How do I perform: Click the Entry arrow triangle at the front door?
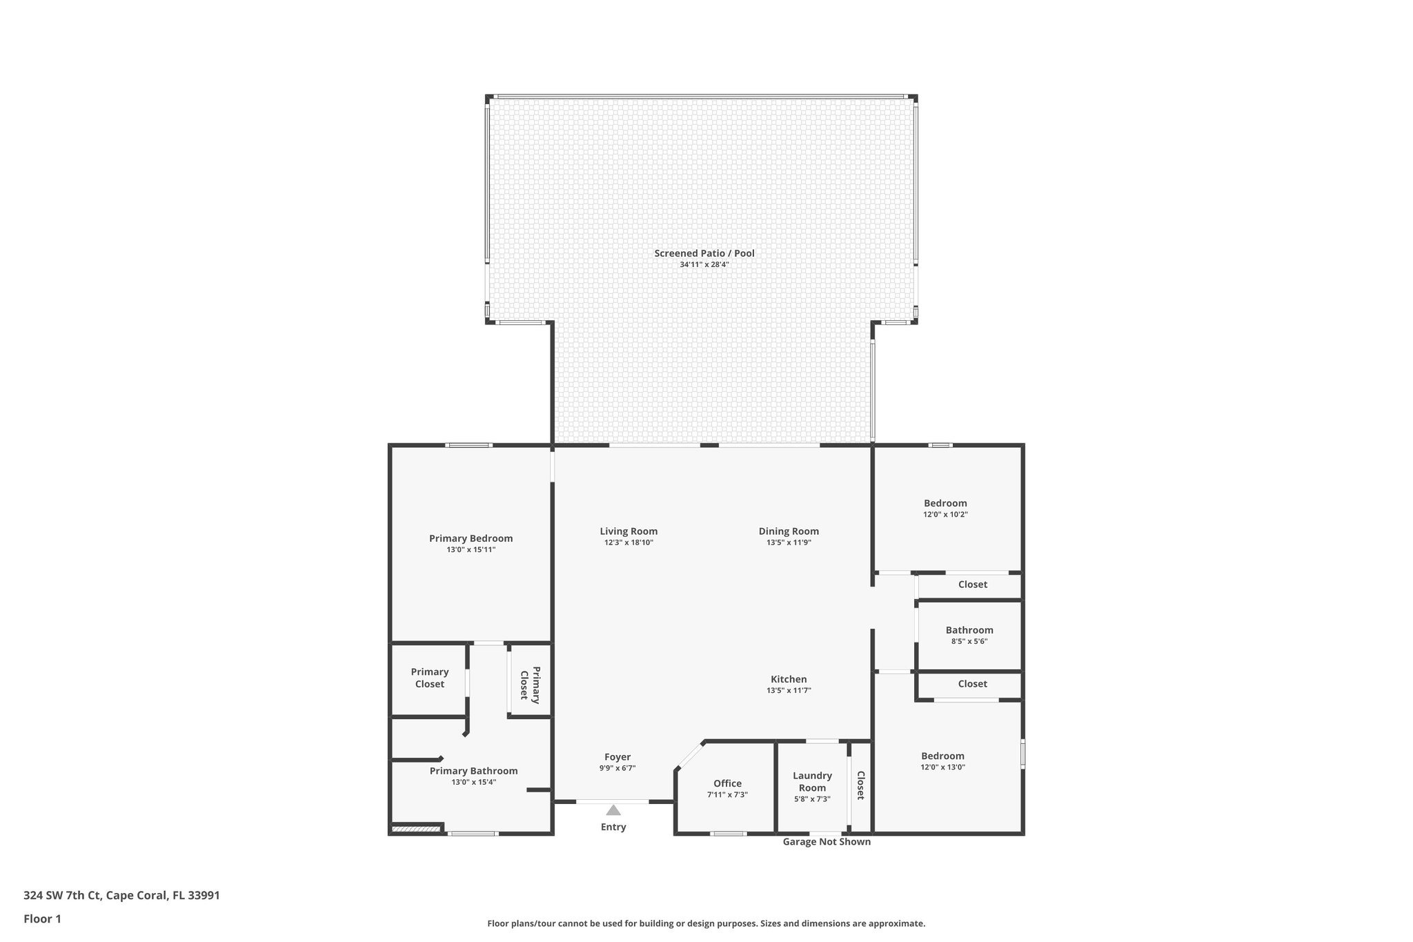point(613,810)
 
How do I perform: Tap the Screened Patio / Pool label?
point(704,253)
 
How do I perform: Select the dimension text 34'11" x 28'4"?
point(704,264)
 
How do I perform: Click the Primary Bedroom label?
point(471,538)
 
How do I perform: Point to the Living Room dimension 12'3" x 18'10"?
point(629,542)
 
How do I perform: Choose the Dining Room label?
point(789,531)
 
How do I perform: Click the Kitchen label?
point(789,679)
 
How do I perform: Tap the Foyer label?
point(617,756)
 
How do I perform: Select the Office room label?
point(727,783)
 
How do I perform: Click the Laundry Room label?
point(812,781)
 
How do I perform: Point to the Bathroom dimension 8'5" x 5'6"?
point(969,641)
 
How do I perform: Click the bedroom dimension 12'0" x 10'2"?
point(945,514)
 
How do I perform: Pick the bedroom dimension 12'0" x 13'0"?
point(942,767)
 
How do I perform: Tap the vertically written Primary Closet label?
point(530,684)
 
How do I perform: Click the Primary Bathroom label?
point(473,771)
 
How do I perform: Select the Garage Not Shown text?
point(827,841)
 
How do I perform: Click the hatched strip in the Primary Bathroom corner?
point(416,829)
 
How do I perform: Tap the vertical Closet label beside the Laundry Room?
point(860,785)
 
